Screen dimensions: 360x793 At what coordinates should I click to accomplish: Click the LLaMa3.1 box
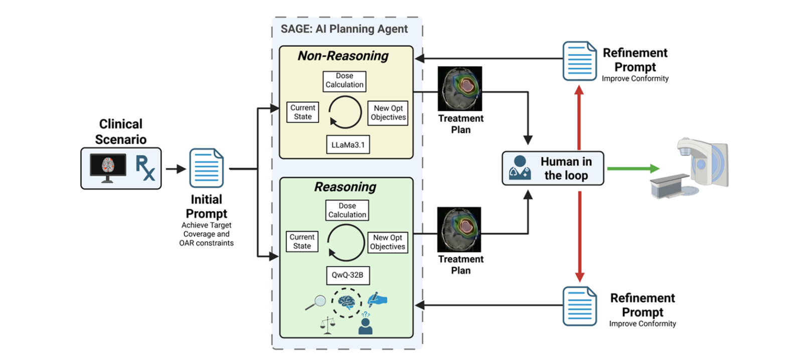[348, 144]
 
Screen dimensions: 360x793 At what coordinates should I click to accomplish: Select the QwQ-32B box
[348, 275]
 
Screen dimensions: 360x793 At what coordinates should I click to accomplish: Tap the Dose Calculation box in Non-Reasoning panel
[345, 81]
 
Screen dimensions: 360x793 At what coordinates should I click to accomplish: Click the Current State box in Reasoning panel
[302, 241]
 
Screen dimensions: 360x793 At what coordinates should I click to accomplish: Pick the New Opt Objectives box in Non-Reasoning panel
[388, 113]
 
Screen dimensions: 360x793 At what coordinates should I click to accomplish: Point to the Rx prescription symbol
[145, 167]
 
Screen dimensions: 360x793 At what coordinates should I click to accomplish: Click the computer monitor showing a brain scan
[108, 167]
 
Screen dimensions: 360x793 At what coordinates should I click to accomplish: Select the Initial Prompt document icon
[206, 168]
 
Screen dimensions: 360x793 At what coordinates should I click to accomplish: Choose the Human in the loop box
[553, 168]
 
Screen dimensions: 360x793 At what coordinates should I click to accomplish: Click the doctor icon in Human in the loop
[520, 168]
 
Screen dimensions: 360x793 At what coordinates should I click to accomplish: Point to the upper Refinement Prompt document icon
[579, 61]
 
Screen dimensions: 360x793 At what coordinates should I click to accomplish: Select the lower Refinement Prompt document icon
[579, 306]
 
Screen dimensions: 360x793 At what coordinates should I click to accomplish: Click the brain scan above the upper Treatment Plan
[460, 89]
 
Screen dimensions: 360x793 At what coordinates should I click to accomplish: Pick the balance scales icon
[328, 325]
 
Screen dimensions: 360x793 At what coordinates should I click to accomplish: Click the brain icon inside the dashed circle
[347, 302]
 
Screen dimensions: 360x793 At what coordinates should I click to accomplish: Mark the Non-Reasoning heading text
[343, 56]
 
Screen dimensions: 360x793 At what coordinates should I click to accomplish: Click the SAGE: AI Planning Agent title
[344, 29]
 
